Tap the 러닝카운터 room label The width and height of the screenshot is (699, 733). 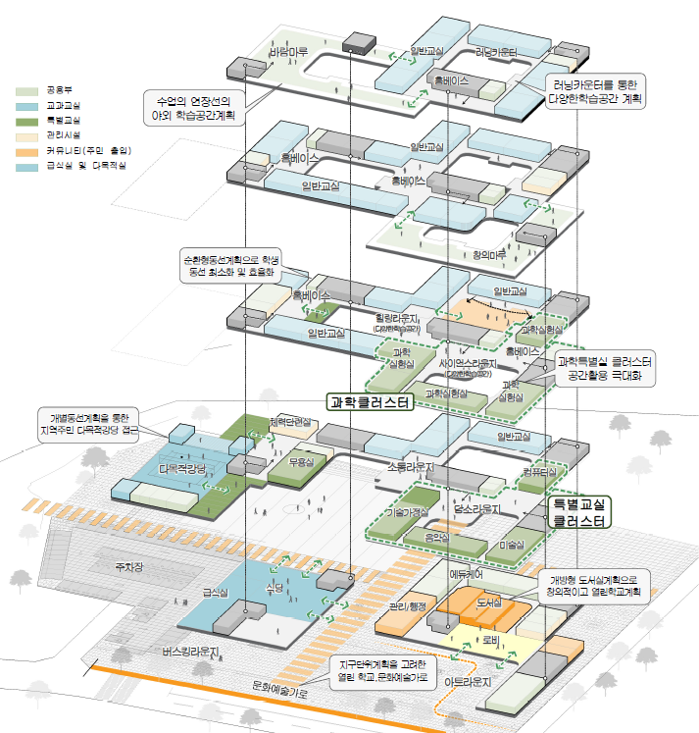pos(496,51)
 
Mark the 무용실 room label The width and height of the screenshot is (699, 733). pos(298,461)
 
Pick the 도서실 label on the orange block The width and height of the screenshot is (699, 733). pos(488,599)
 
